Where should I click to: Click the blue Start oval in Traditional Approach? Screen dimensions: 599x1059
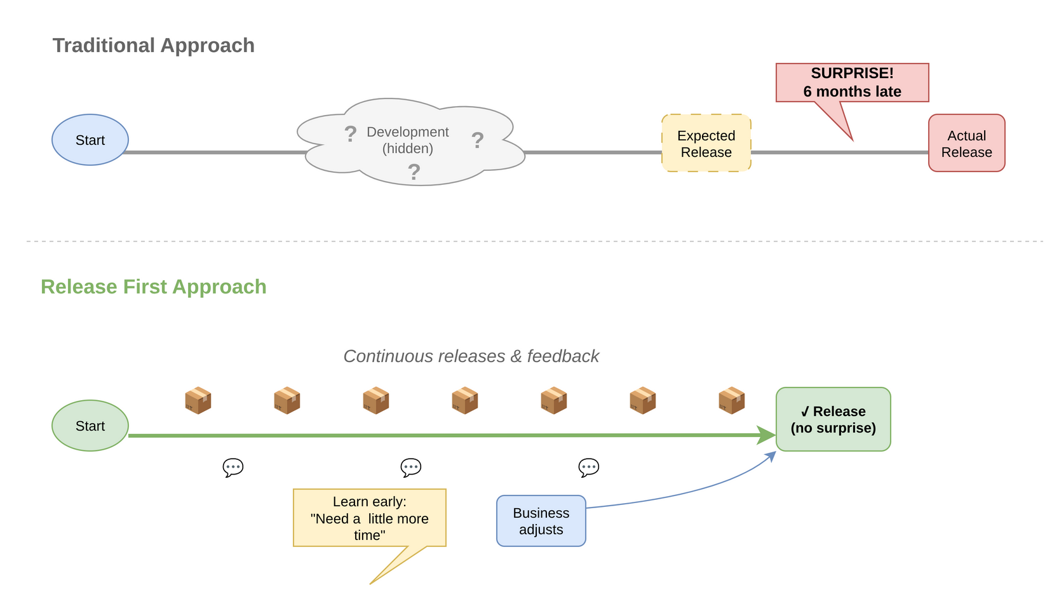[x=90, y=140]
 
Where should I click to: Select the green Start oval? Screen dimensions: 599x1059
[x=90, y=426]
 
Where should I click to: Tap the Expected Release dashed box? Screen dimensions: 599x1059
[x=706, y=144]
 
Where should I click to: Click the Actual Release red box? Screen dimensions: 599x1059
[x=966, y=144]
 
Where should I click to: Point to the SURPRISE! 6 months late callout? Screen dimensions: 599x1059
[x=852, y=83]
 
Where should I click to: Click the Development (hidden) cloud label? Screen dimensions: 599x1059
[x=407, y=140]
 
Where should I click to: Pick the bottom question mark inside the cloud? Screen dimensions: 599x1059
[x=414, y=172]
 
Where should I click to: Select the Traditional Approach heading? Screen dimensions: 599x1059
[x=153, y=46]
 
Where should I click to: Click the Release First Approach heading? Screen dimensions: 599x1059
[x=153, y=287]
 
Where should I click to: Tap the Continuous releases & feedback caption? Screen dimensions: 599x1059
[x=471, y=356]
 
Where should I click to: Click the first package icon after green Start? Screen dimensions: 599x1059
[x=198, y=400]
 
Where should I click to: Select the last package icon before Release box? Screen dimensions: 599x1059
[x=731, y=400]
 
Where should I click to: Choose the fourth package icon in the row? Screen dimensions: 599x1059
[x=464, y=400]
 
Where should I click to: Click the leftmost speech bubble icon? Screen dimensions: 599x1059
[x=233, y=468]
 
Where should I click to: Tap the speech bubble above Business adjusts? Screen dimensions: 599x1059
[x=588, y=468]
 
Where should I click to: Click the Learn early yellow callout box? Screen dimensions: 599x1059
[x=369, y=518]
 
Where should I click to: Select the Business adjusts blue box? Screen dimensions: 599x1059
[x=541, y=521]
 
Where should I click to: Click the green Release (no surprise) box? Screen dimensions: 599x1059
[x=833, y=419]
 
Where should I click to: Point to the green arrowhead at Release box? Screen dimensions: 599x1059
[x=767, y=435]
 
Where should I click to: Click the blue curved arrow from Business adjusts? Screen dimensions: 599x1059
[x=686, y=493]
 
